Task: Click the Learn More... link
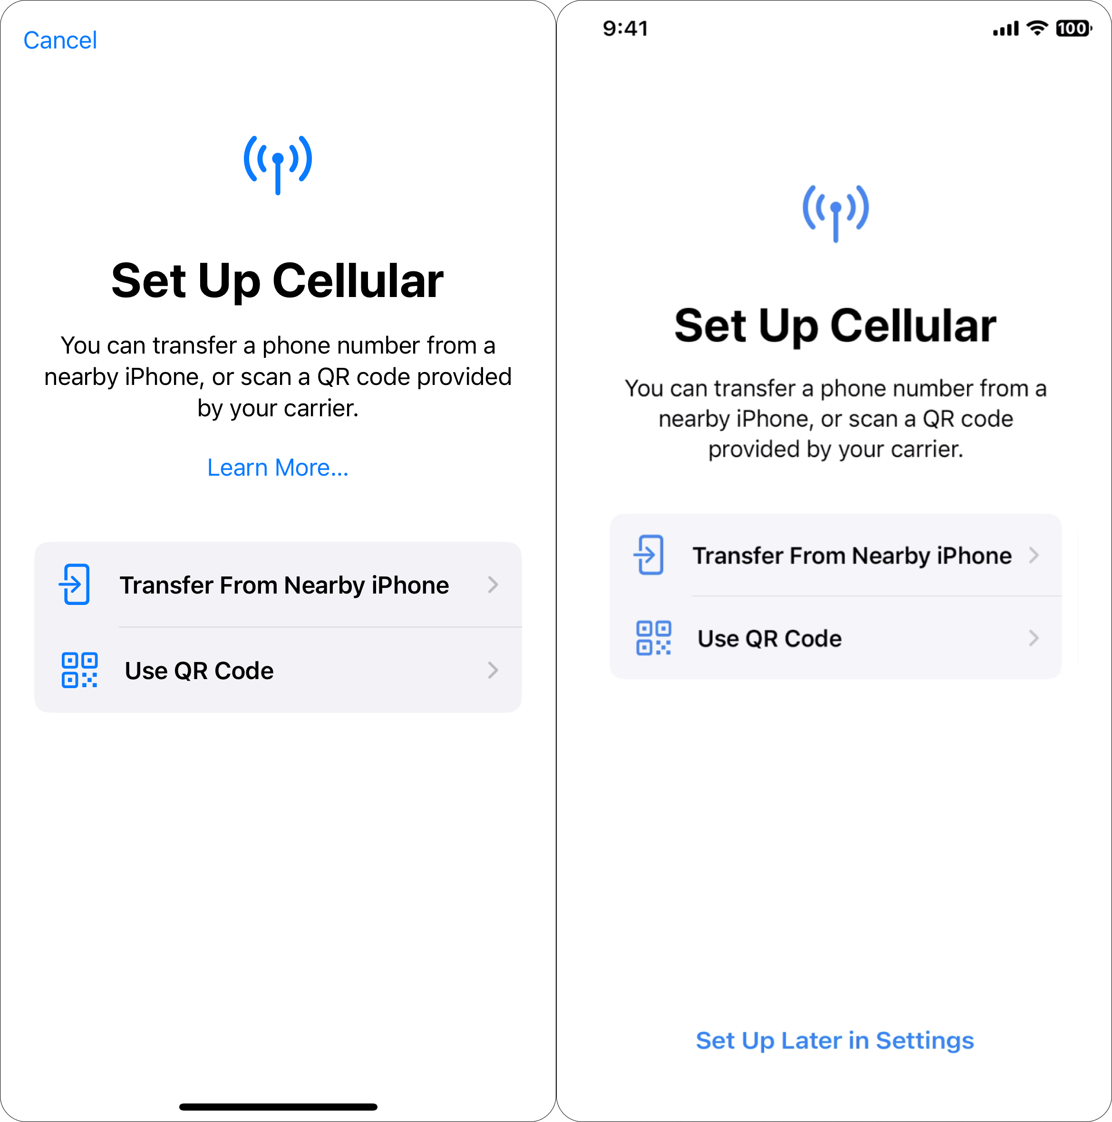[278, 468]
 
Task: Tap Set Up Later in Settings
[835, 1040]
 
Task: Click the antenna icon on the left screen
[278, 164]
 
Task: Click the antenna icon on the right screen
[835, 212]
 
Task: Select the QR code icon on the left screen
[79, 670]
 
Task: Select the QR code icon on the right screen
[654, 638]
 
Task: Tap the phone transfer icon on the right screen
[649, 555]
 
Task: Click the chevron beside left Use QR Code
[493, 670]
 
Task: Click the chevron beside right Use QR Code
[1034, 638]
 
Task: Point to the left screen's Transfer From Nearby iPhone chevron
[493, 584]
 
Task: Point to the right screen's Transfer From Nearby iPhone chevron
[1034, 555]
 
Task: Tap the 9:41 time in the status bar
[625, 29]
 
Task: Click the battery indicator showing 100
[1073, 29]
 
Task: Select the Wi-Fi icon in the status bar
[1037, 28]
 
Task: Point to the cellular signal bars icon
[1006, 29]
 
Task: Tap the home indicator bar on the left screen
[278, 1107]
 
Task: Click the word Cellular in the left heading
[358, 281]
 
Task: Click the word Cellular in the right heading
[913, 326]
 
